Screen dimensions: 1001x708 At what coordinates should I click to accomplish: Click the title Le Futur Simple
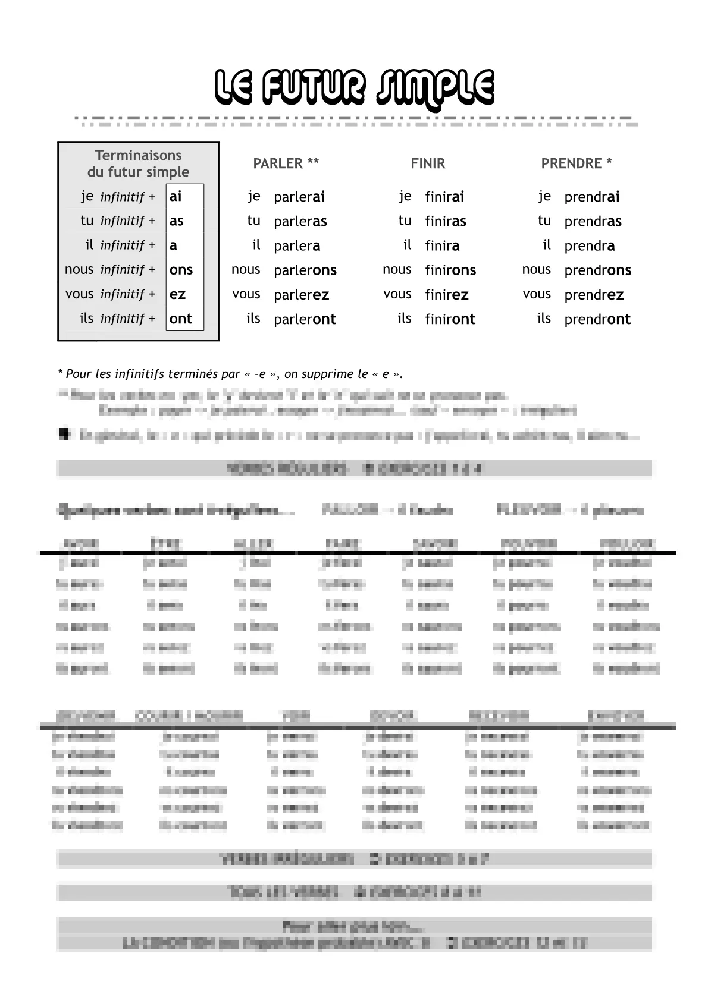[354, 87]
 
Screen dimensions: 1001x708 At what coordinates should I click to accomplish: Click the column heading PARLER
[286, 163]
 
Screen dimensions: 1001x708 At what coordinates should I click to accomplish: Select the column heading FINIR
[428, 163]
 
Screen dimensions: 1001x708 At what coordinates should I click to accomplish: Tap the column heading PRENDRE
[576, 163]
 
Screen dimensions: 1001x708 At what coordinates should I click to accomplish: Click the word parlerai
[299, 197]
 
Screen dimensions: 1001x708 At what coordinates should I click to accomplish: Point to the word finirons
[450, 270]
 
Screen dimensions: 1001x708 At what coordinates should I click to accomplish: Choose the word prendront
[597, 319]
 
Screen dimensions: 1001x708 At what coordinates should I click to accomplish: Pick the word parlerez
[301, 295]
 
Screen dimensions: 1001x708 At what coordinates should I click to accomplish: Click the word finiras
[446, 222]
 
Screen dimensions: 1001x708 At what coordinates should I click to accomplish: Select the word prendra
[590, 246]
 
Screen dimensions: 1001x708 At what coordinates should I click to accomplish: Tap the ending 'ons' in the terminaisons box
[181, 270]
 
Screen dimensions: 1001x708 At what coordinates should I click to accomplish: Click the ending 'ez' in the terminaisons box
[177, 294]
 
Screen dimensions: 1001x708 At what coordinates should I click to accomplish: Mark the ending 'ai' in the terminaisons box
[176, 196]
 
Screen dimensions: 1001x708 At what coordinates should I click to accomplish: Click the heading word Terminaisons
[138, 155]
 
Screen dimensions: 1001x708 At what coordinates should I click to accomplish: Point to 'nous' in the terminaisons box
[79, 269]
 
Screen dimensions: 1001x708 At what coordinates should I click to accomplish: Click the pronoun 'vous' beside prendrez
[537, 294]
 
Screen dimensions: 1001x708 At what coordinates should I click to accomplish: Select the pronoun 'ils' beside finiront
[405, 319]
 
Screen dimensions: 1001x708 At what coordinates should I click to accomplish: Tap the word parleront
[305, 319]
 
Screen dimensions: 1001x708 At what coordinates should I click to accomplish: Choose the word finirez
[447, 295]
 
